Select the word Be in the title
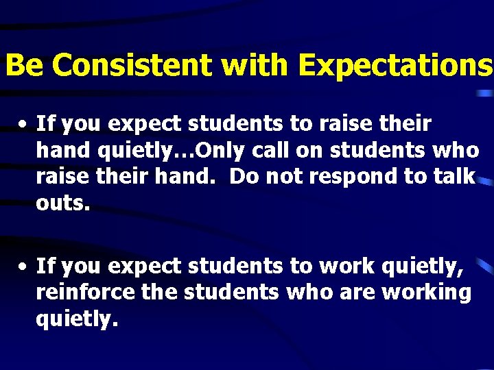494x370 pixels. pyautogui.click(x=24, y=66)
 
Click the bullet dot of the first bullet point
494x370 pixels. pyautogui.click(x=23, y=125)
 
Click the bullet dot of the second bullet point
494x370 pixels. pyautogui.click(x=23, y=266)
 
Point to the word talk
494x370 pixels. pyautogui.click(x=454, y=177)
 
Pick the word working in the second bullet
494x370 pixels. pyautogui.click(x=426, y=293)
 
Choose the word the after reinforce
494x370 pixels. pyautogui.click(x=158, y=292)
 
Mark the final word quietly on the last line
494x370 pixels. pyautogui.click(x=77, y=319)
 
